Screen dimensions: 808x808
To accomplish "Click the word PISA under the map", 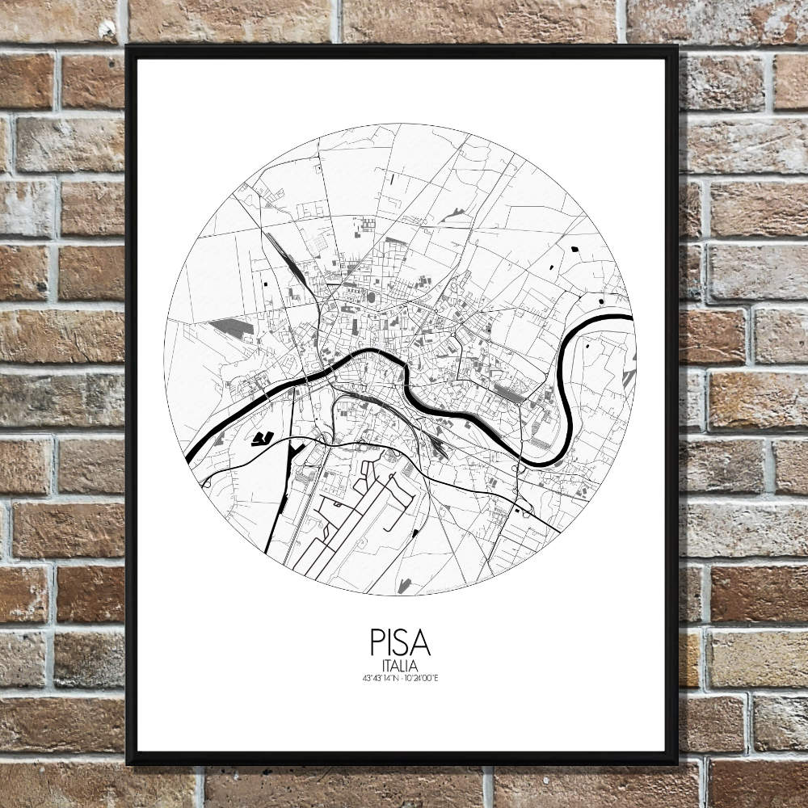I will [x=400, y=643].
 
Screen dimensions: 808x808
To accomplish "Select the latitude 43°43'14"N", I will [x=381, y=677].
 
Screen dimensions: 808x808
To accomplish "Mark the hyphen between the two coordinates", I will [x=402, y=677].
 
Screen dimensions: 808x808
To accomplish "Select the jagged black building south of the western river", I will [x=261, y=439].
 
